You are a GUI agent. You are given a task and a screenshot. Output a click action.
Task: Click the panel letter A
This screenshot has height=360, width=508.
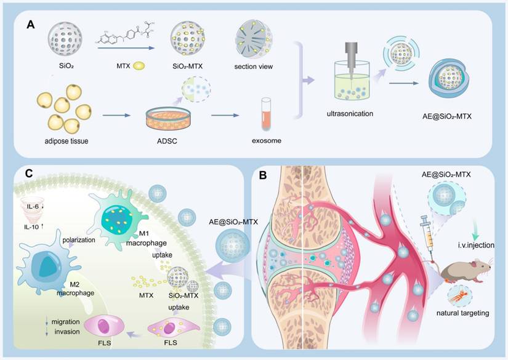[30, 25]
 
